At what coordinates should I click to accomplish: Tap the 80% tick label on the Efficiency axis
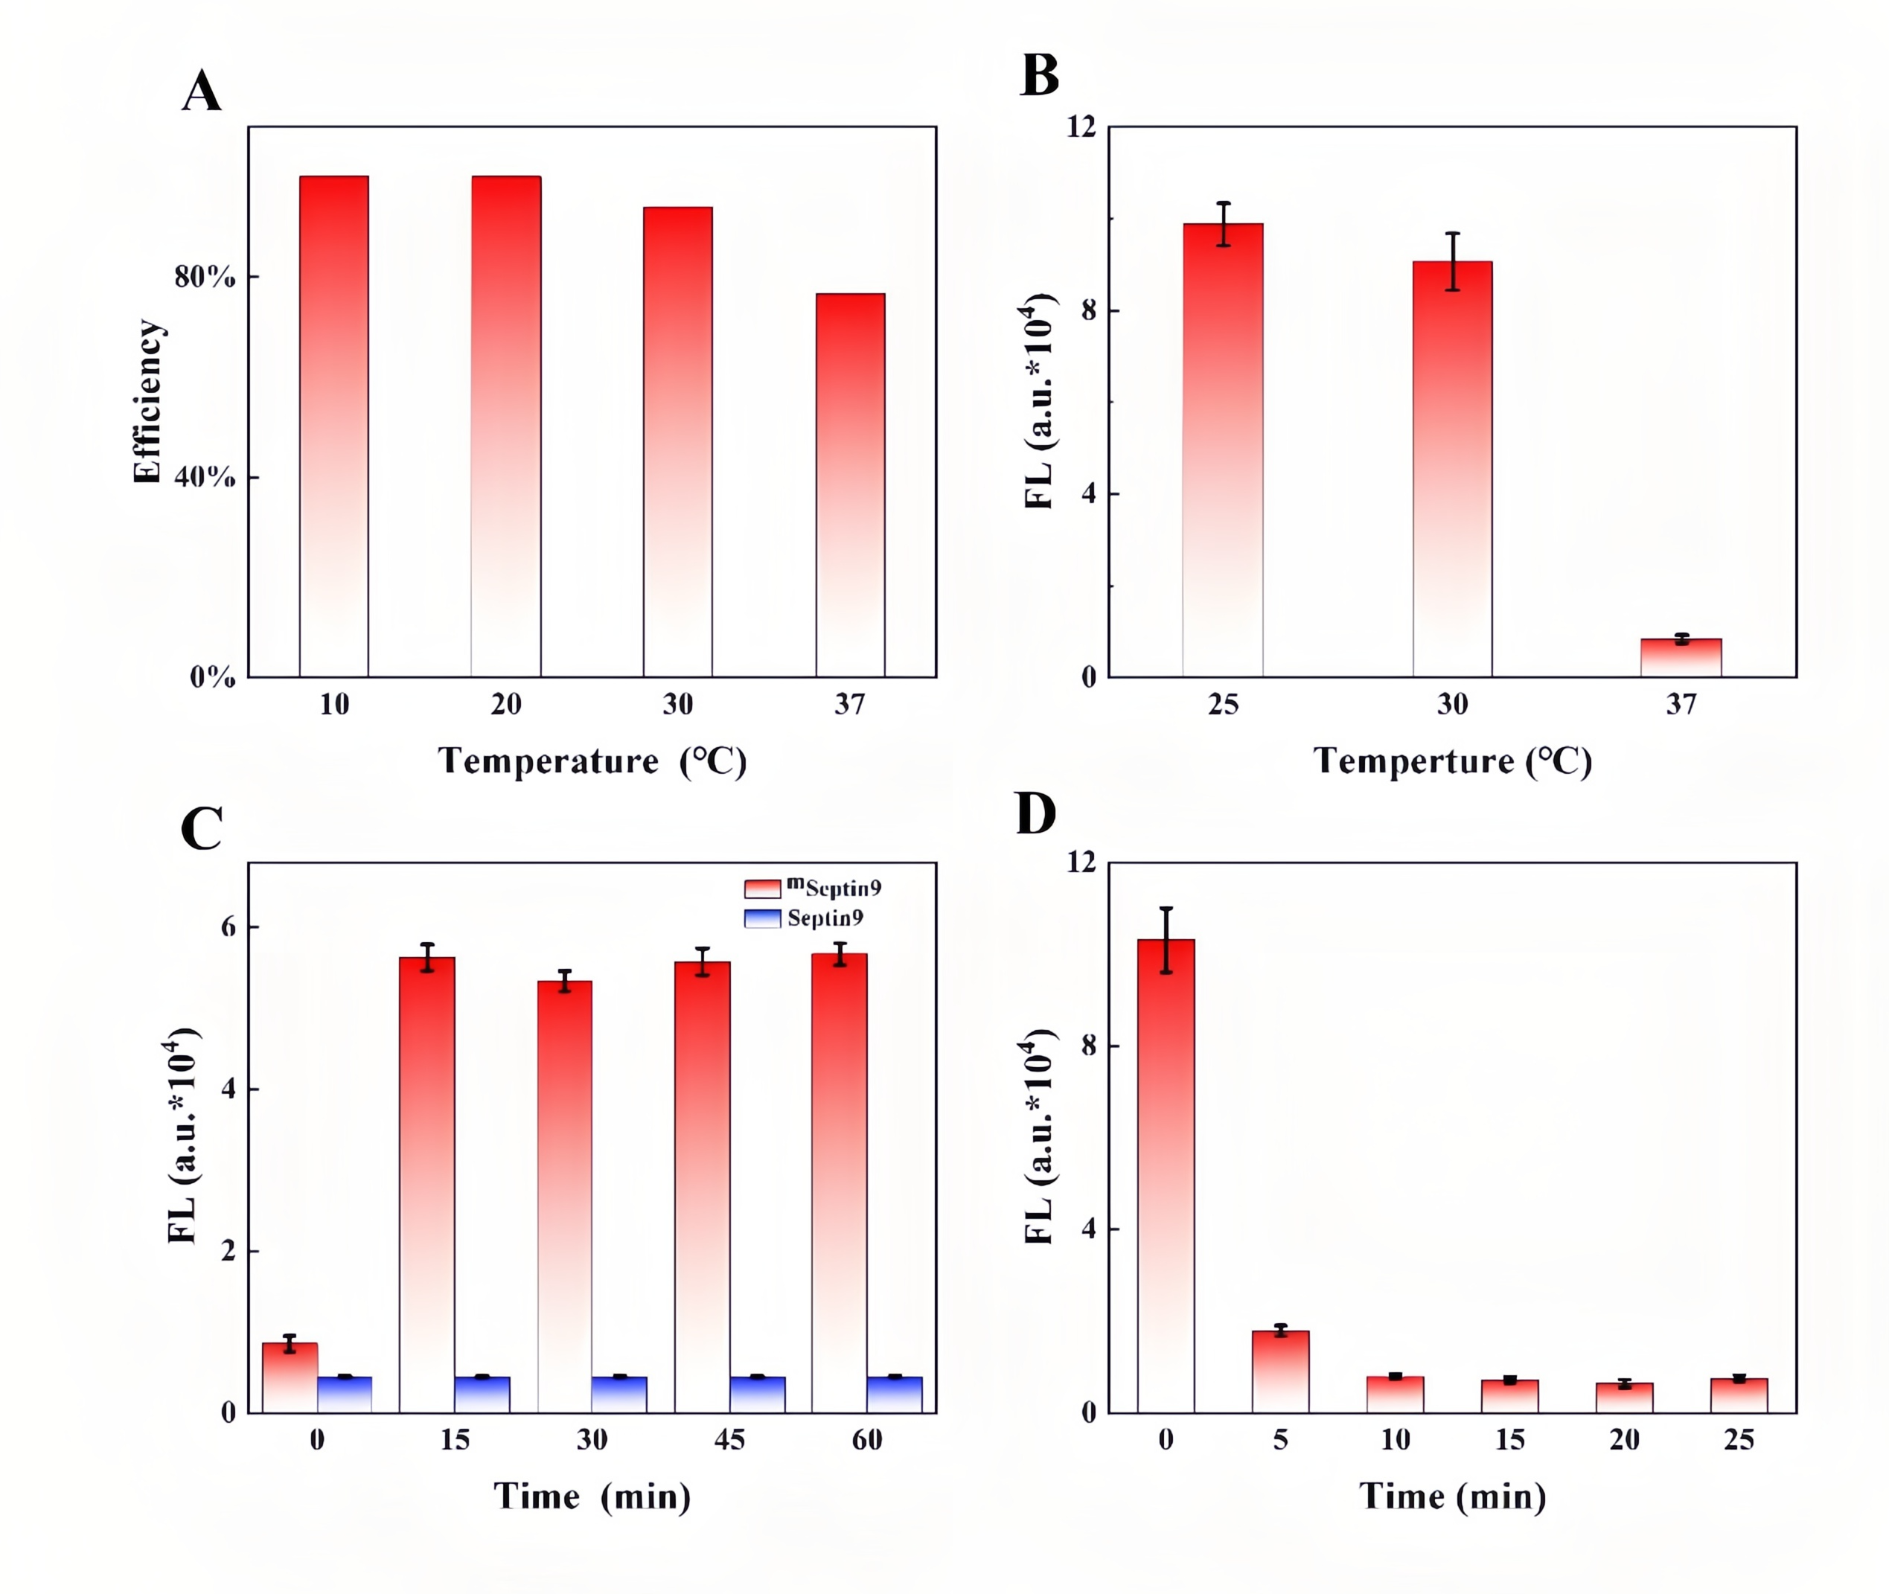[x=204, y=277]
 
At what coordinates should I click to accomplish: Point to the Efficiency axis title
[x=147, y=401]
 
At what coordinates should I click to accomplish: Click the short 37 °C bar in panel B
[x=1681, y=658]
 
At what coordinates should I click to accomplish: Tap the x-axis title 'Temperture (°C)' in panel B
[x=1451, y=761]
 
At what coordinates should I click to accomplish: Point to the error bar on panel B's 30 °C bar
[x=1452, y=261]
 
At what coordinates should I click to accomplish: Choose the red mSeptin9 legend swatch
[x=762, y=889]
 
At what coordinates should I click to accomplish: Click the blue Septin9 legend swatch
[x=762, y=919]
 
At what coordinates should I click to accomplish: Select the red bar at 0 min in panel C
[x=290, y=1377]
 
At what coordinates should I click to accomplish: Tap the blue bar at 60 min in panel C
[x=894, y=1395]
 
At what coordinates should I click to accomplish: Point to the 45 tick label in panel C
[x=729, y=1439]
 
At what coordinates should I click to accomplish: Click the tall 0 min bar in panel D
[x=1166, y=1176]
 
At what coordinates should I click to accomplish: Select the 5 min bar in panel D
[x=1280, y=1371]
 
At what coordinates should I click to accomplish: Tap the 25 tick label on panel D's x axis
[x=1738, y=1439]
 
